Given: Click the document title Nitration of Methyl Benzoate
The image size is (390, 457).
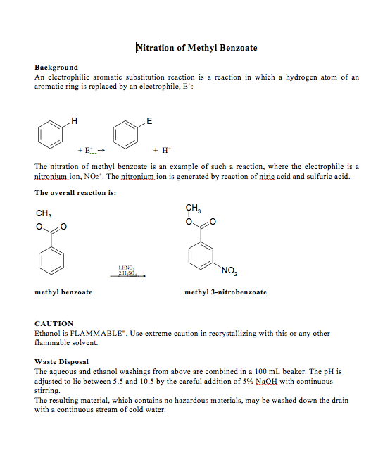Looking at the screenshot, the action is coord(196,48).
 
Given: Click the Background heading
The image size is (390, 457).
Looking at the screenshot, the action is coord(56,68).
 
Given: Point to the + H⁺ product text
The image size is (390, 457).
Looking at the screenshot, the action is coord(163,150).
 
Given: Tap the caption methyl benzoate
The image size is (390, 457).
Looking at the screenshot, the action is coord(63,292).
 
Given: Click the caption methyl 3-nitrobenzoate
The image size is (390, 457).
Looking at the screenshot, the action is coord(225,292).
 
